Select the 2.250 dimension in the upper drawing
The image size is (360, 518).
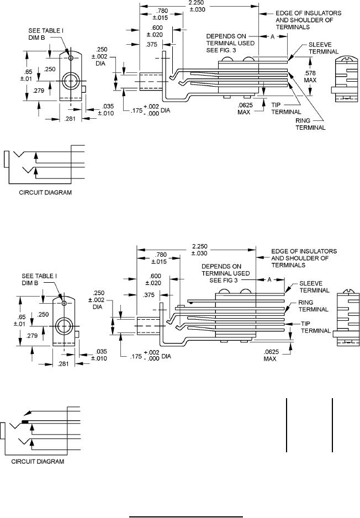[x=201, y=7]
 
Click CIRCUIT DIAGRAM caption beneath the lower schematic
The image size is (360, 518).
[x=41, y=461]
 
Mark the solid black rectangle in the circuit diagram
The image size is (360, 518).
[x=25, y=421]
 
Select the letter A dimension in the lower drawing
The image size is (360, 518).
[x=271, y=281]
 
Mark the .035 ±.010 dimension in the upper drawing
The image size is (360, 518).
[x=107, y=110]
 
